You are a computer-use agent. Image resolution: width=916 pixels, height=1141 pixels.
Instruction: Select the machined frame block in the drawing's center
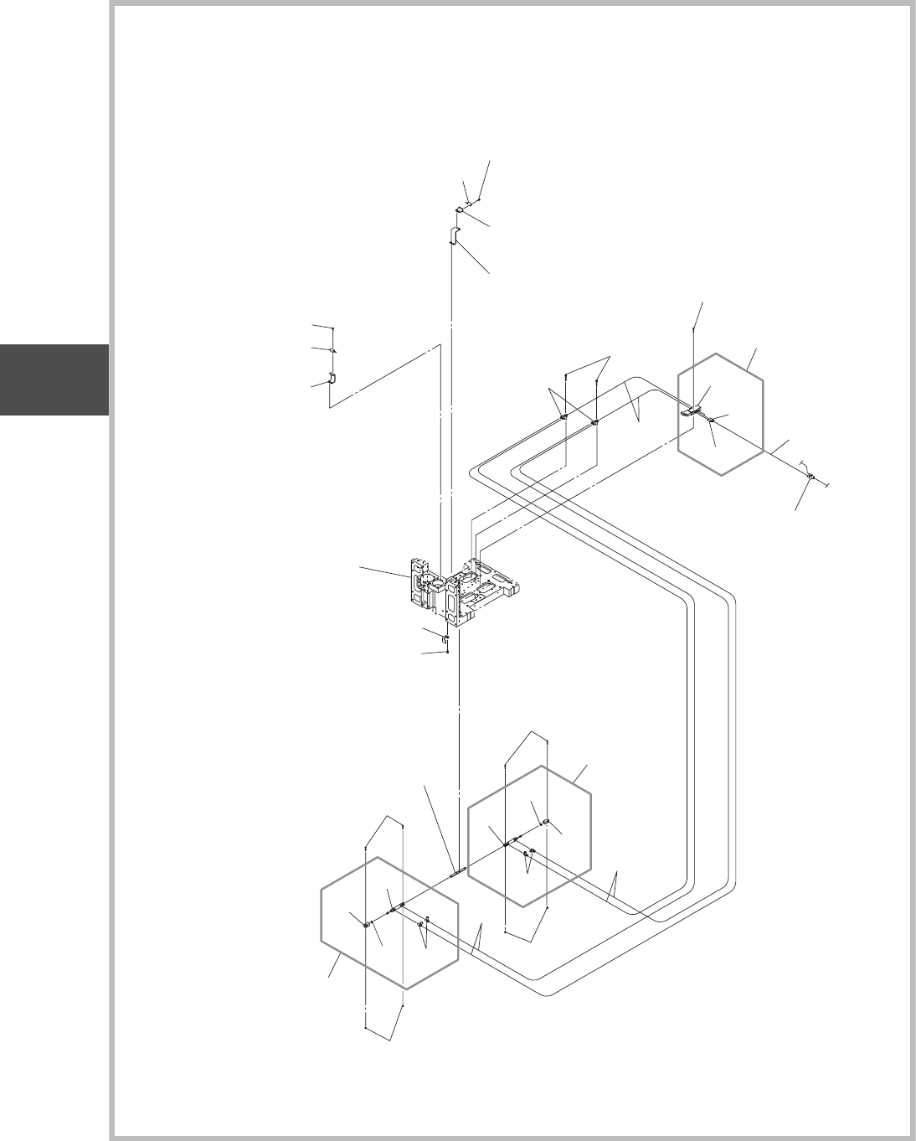point(461,591)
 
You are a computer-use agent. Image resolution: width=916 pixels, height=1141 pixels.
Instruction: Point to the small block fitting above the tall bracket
point(460,210)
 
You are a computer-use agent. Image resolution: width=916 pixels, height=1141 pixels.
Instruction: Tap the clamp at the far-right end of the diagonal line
point(811,478)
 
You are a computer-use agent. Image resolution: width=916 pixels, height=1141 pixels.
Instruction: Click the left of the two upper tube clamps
point(565,416)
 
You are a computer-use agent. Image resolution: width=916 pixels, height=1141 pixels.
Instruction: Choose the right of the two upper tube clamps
point(594,423)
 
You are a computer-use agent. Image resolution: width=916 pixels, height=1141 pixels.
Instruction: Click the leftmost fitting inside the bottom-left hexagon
point(367,923)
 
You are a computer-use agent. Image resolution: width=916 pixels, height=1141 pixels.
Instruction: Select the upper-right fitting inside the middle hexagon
point(546,823)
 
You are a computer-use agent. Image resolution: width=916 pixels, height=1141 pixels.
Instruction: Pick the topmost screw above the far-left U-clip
point(332,329)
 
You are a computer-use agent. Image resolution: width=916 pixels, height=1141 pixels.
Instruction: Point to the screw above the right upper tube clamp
point(595,380)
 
